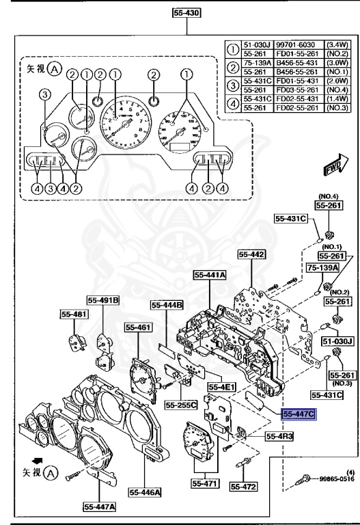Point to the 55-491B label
tap(102, 299)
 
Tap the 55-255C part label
tap(181, 405)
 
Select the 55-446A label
tap(144, 491)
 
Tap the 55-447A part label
tap(100, 507)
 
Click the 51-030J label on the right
tap(337, 340)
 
